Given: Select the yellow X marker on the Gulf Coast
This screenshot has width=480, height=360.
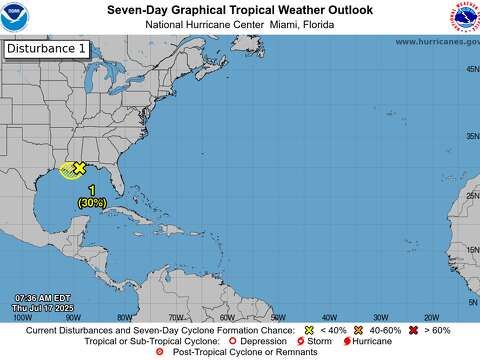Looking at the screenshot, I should pos(79,169).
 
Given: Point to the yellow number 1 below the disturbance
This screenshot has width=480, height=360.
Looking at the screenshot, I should pos(92,190).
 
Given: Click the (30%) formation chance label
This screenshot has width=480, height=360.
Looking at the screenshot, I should pos(92,202).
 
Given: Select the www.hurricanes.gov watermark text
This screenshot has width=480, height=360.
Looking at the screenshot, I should pos(436,41).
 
